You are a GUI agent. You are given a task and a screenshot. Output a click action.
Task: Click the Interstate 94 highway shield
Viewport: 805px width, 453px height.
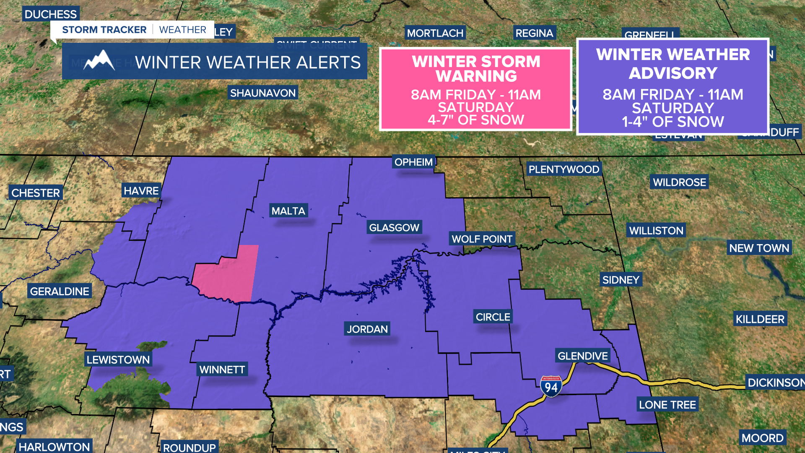[x=551, y=386]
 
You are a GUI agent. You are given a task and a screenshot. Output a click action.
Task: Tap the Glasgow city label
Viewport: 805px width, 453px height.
[x=394, y=227]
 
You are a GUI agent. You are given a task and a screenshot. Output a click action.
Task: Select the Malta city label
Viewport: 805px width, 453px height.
[x=288, y=211]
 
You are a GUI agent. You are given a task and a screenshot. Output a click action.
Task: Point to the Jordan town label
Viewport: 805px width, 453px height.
[x=367, y=329]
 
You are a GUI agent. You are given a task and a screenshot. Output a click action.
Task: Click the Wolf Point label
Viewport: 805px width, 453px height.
[x=482, y=239]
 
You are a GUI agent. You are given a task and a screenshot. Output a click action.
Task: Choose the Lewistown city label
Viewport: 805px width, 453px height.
[x=118, y=359]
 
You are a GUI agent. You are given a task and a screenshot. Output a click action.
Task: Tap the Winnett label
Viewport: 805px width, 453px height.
[x=222, y=370]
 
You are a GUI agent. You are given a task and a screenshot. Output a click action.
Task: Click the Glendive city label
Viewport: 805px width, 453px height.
[x=582, y=356]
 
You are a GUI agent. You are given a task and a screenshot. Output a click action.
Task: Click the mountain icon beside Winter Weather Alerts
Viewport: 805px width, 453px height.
[x=99, y=61]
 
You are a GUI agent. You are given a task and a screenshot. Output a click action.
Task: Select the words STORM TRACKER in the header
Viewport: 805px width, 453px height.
[x=104, y=30]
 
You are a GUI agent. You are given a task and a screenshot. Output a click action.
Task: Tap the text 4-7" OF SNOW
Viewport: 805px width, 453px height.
[x=476, y=120]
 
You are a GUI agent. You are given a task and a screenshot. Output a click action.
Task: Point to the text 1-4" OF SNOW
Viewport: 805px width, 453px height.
[x=673, y=122]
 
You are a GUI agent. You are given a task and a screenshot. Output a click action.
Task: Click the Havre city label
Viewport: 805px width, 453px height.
[x=141, y=191]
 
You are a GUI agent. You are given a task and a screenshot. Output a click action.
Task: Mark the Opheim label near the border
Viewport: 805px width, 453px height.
[x=413, y=162]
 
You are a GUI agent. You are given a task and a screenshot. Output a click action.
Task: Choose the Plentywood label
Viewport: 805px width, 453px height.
[x=564, y=169]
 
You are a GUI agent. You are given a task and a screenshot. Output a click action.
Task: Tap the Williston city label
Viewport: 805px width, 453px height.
[x=656, y=230]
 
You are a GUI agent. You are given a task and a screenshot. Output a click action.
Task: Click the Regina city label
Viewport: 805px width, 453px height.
[x=534, y=33]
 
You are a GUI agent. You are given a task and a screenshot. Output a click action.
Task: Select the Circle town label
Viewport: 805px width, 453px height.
[x=493, y=317]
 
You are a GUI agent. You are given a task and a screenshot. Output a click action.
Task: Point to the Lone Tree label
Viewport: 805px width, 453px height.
[x=667, y=405]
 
